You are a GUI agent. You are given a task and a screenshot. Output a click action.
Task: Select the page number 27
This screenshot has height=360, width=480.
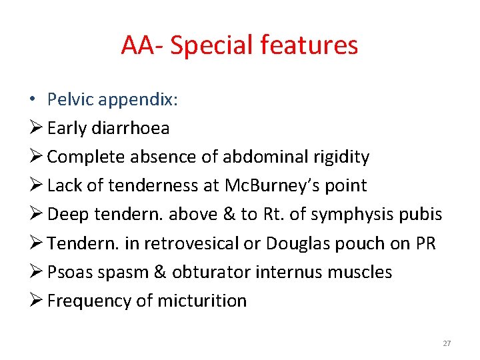pyautogui.click(x=447, y=343)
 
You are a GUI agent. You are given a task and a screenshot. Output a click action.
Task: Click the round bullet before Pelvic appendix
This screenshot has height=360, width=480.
pyautogui.click(x=33, y=99)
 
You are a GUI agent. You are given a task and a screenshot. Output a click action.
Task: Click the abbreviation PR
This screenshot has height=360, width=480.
pyautogui.click(x=425, y=243)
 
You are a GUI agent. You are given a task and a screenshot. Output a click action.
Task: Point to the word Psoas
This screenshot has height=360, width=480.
pyautogui.click(x=69, y=272)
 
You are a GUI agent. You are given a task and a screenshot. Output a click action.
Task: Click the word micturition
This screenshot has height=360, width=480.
pyautogui.click(x=202, y=301)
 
